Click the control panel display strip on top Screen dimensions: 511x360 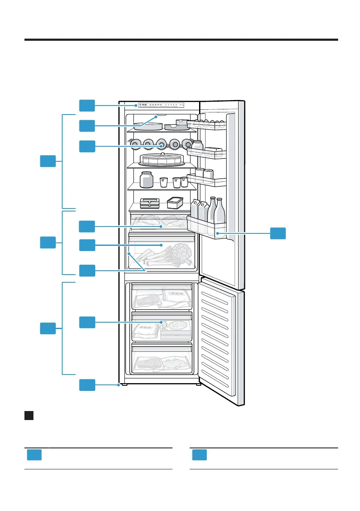[x=158, y=105]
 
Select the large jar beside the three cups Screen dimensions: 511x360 [x=146, y=179]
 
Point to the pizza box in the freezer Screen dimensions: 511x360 [x=173, y=331]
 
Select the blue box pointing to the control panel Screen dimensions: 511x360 [x=87, y=105]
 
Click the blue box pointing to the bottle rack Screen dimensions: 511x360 [x=87, y=146]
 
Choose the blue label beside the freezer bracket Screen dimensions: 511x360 [x=48, y=329]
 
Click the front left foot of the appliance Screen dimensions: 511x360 [x=124, y=384]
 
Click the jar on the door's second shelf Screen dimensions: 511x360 [x=197, y=146]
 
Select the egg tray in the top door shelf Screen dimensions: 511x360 [x=208, y=124]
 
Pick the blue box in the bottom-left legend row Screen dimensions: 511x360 [x=34, y=455]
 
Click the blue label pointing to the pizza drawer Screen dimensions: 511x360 [x=87, y=322]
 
